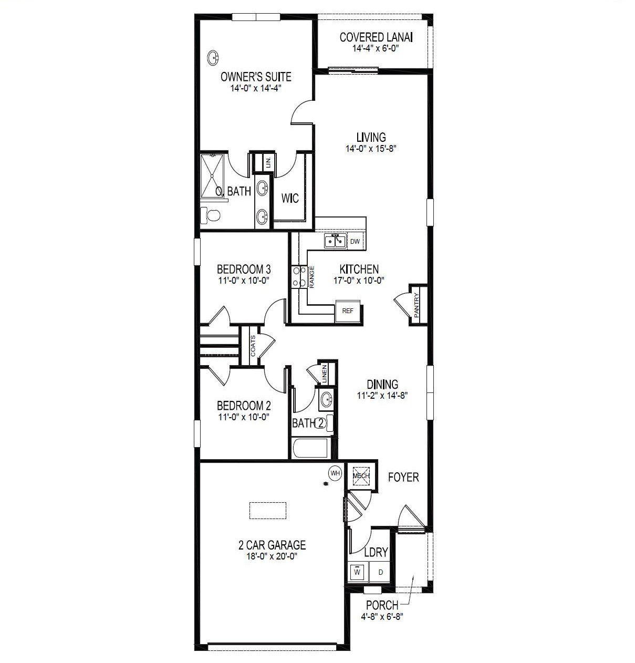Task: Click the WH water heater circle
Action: point(335,473)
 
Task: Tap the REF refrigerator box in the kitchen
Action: point(348,310)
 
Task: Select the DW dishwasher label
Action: point(355,242)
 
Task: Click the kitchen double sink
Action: point(335,241)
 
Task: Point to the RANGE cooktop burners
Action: point(298,277)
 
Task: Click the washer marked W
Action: point(357,572)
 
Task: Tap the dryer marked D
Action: point(380,572)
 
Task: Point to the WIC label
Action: point(290,198)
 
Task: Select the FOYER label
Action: point(403,477)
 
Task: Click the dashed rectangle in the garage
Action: point(268,510)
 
